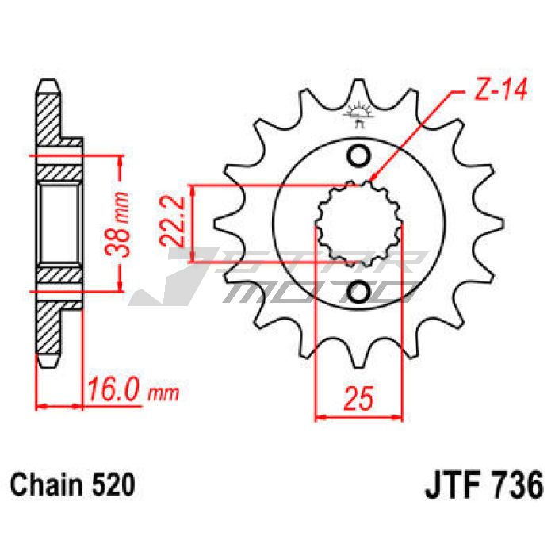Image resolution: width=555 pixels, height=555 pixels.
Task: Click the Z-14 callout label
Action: [x=500, y=89]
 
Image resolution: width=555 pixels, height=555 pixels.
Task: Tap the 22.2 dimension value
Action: [x=172, y=222]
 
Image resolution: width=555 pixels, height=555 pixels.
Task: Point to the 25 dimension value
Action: [x=358, y=398]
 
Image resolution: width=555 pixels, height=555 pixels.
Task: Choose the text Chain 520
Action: [x=73, y=485]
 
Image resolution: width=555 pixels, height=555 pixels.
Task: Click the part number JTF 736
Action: [x=484, y=485]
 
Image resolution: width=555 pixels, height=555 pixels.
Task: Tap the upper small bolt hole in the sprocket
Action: [x=358, y=155]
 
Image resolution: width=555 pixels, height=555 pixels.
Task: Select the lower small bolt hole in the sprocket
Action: [x=358, y=292]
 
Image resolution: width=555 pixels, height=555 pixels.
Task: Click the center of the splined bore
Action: [x=359, y=224]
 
